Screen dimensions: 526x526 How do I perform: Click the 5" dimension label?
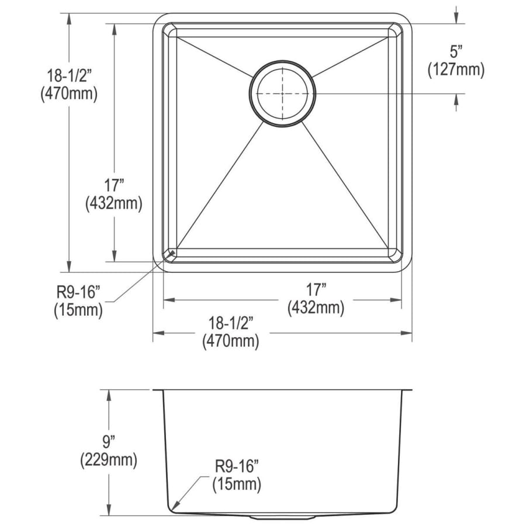point(456,52)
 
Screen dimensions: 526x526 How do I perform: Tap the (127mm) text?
point(456,70)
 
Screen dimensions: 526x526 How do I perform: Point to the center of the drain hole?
point(282,94)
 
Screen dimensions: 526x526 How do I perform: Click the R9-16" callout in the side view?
point(237,466)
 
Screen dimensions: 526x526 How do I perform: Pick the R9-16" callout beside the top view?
point(78,292)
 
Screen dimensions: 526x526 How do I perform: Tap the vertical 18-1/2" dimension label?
point(69,76)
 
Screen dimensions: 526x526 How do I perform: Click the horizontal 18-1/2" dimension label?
point(230,323)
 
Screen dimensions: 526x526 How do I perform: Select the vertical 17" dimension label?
point(114,185)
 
